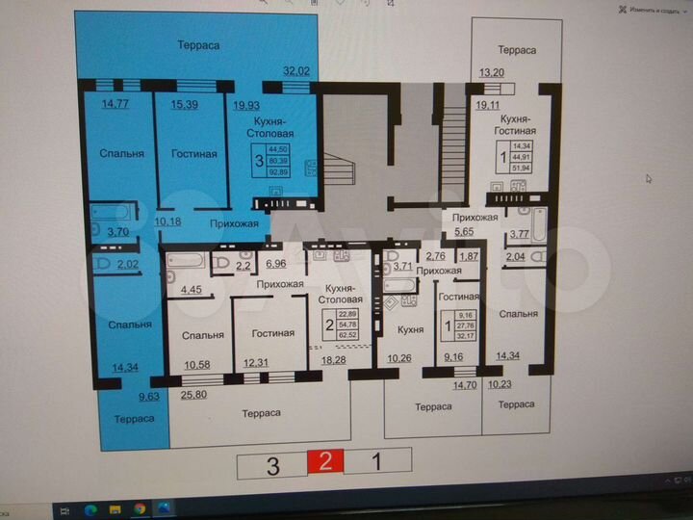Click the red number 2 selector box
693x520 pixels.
pos(325,462)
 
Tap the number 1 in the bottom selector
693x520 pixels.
pos(377,462)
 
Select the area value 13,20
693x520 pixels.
pos(492,71)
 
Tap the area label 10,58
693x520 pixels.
pos(197,363)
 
